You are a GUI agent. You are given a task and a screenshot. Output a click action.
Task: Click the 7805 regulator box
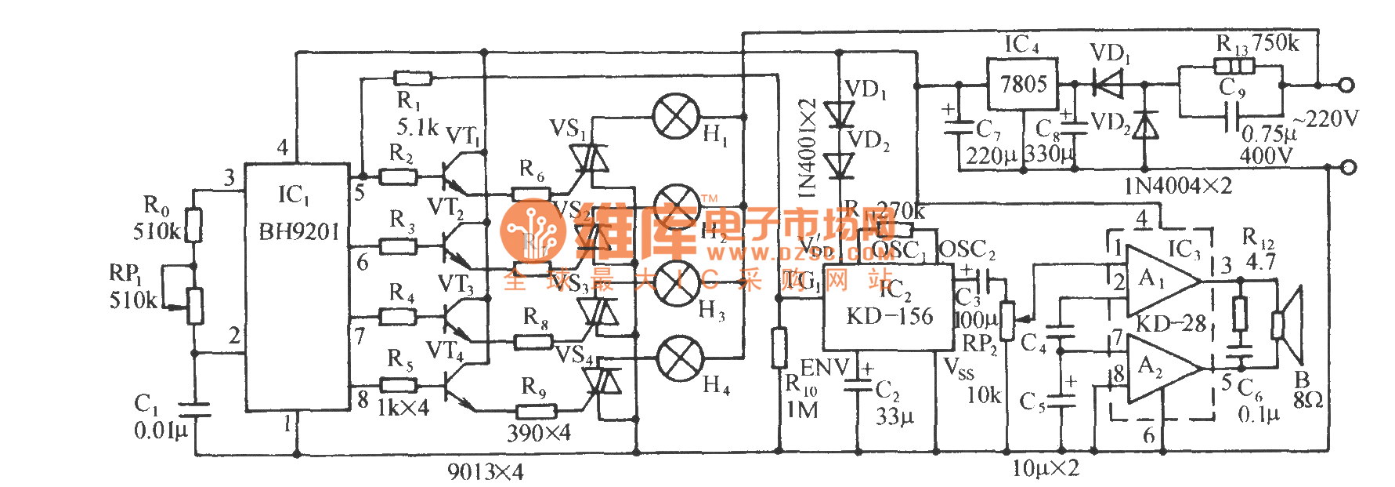[x=1022, y=85]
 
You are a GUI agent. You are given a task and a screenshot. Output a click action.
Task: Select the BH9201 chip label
[x=298, y=232]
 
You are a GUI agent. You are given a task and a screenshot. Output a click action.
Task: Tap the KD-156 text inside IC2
[x=890, y=316]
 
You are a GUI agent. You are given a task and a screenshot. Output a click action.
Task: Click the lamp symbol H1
[x=676, y=117]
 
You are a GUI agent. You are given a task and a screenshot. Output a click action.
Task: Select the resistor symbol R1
[x=413, y=78]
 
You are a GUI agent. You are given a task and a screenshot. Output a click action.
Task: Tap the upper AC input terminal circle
[x=1347, y=85]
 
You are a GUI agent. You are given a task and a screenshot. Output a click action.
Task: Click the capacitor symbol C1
[x=193, y=409]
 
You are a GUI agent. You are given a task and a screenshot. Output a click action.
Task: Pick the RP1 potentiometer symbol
[x=194, y=305]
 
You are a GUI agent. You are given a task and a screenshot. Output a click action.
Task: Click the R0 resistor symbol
[x=193, y=226]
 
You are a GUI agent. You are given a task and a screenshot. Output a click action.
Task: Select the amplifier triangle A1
[x=1160, y=281]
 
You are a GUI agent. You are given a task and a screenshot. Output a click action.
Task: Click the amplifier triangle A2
[x=1160, y=368]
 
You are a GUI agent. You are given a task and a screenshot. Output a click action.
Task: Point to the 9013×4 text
[x=485, y=471]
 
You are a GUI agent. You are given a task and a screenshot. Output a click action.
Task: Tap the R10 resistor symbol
[x=779, y=348]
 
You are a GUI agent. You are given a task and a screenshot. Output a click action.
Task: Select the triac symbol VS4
[x=602, y=382]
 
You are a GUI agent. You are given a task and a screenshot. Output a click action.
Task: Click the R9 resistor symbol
[x=537, y=411]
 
